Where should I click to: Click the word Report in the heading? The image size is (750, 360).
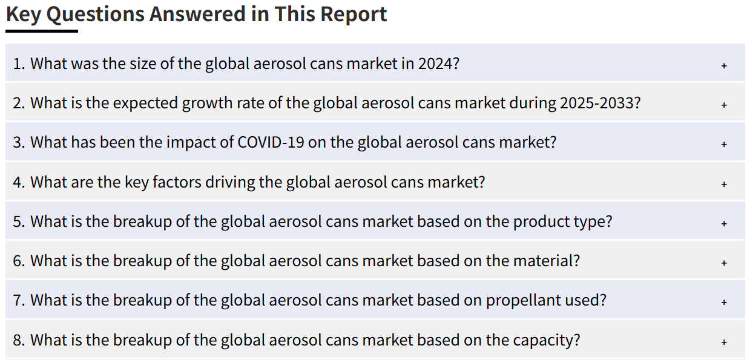pos(354,15)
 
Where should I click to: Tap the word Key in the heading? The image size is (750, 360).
pos(24,15)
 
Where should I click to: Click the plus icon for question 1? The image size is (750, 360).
pos(724,65)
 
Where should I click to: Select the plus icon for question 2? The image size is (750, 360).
pos(724,105)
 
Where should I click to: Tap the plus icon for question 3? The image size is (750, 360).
pos(724,145)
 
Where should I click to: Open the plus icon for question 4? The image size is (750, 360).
pos(724,184)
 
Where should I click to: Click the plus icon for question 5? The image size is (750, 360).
pos(724,223)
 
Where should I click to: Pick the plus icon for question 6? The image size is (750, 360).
pos(724,263)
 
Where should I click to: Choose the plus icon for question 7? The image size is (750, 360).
pos(724,303)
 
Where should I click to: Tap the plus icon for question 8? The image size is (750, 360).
pos(724,342)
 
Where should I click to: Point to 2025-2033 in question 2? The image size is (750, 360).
pos(600,103)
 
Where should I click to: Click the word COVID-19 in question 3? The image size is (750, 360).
pos(271,143)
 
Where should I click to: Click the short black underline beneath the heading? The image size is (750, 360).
pos(42,31)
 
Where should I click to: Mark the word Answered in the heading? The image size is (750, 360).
pos(197,15)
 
